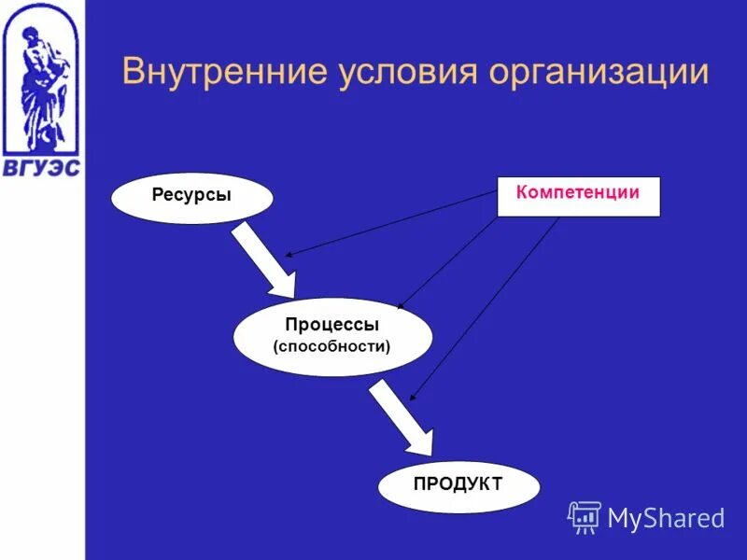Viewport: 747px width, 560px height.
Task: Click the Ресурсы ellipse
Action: click(191, 198)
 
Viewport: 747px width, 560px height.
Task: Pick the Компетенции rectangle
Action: click(578, 197)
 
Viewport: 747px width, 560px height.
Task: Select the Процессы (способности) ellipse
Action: click(332, 336)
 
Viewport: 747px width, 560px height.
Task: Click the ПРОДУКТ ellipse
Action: click(458, 485)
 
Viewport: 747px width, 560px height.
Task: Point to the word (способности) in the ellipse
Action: click(332, 346)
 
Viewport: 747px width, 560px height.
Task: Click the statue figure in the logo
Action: click(40, 84)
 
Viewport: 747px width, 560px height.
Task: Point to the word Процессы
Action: click(332, 325)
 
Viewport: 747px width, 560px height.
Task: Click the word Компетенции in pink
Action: click(578, 192)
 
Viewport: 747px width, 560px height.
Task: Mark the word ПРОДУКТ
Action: click(458, 483)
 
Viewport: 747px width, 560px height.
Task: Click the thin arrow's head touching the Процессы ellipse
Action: click(401, 306)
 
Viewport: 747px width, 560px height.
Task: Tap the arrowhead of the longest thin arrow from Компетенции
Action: click(413, 398)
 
